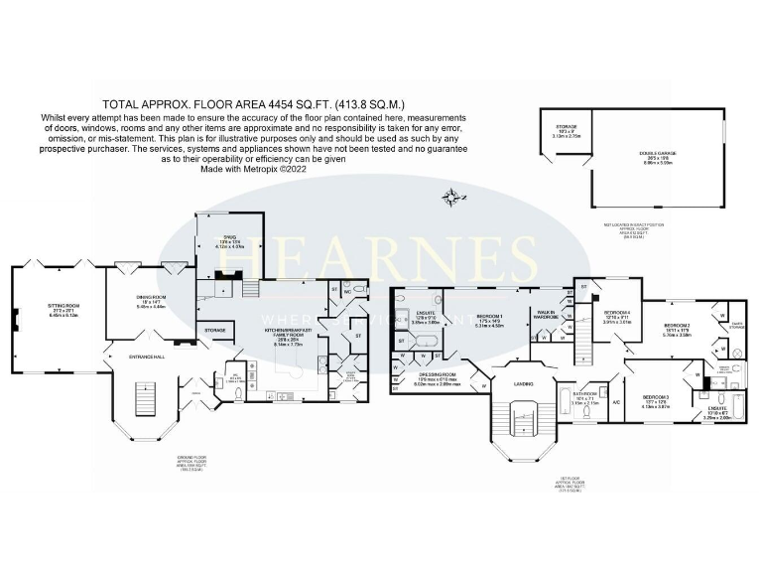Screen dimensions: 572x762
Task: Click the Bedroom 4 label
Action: pos(618,315)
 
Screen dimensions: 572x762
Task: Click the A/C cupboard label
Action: pos(616,402)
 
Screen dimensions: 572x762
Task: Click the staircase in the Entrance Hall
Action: pos(139,402)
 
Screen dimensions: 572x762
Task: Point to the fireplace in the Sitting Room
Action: pos(16,318)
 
